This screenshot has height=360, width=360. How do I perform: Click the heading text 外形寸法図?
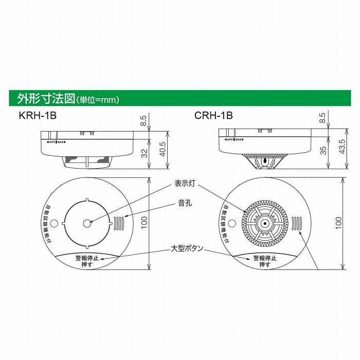pos(47,98)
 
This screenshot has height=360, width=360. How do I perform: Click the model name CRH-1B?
pos(213,116)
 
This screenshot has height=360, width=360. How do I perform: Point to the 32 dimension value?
pos(145,152)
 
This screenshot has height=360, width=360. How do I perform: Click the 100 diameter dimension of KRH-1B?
pos(145,223)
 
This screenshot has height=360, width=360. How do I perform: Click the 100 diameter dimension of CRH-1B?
pos(338,223)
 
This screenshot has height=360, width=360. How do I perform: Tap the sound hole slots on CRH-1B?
pos(296,224)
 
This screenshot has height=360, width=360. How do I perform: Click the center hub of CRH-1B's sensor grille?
pos(263,224)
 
